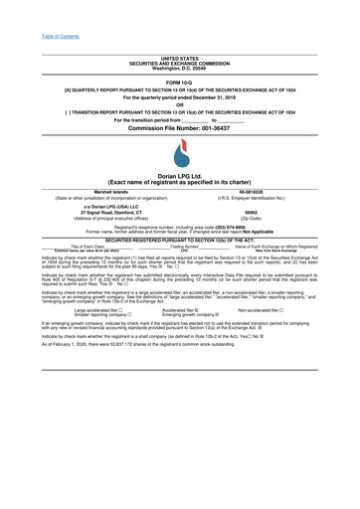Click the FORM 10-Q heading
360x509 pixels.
179,82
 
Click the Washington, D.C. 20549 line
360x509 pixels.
179,69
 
